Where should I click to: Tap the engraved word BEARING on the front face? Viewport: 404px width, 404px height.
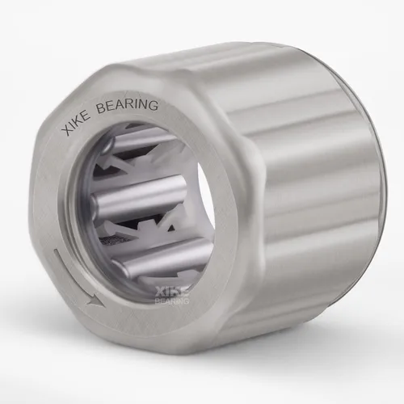click(127, 106)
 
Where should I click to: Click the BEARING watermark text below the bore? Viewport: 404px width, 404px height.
click(171, 301)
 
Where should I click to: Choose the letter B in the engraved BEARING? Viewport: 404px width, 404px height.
click(100, 108)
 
